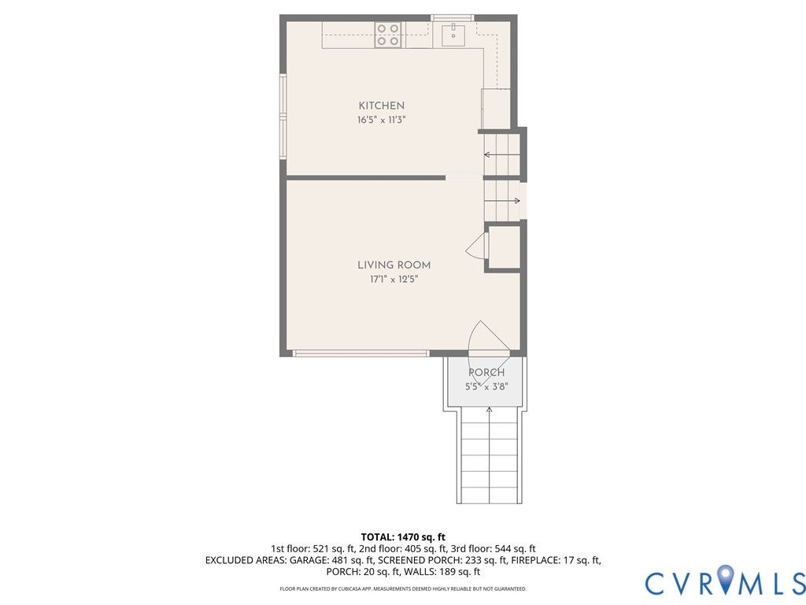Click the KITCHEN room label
(x=382, y=106)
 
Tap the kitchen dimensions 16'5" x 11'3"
(x=382, y=121)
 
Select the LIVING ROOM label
(x=394, y=265)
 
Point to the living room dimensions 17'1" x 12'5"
(x=394, y=280)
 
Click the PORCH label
(x=486, y=373)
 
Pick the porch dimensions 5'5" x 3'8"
(x=486, y=387)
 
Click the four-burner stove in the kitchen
(x=388, y=35)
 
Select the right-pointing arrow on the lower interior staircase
(x=502, y=201)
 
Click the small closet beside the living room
(x=504, y=247)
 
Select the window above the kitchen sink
(x=453, y=18)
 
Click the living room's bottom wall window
(x=360, y=354)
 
